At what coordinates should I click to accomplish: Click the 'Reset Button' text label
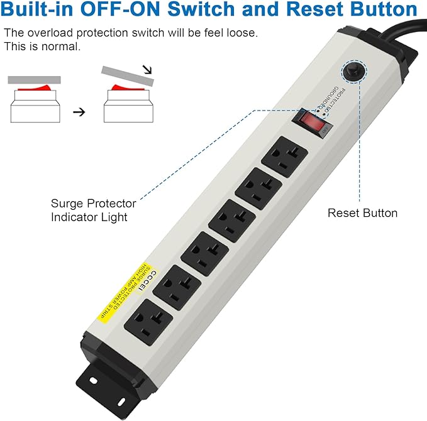(362, 213)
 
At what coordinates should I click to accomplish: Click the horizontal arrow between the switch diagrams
(79, 112)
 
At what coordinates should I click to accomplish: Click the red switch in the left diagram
(34, 88)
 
